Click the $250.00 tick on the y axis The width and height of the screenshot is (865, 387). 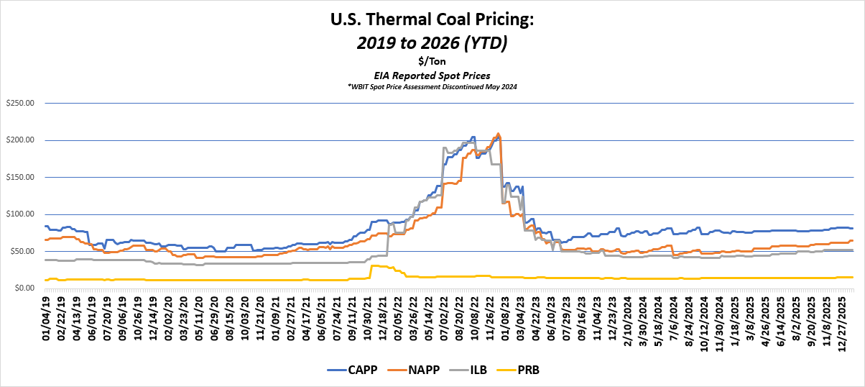pyautogui.click(x=20, y=102)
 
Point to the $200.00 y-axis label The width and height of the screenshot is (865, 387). pyautogui.click(x=20, y=140)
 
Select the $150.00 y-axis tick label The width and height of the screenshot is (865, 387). pyautogui.click(x=20, y=177)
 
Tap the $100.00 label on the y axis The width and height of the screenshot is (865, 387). pyautogui.click(x=20, y=214)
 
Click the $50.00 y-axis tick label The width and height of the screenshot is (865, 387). pyautogui.click(x=22, y=251)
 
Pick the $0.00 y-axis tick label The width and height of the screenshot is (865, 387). pyautogui.click(x=23, y=288)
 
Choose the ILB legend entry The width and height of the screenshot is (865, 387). pyautogui.click(x=480, y=370)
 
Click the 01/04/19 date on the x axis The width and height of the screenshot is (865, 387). pyautogui.click(x=47, y=314)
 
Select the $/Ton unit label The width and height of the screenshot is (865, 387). pyautogui.click(x=432, y=61)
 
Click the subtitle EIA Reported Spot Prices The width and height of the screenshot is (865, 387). pyautogui.click(x=432, y=75)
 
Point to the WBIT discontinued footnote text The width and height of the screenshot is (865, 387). pyautogui.click(x=432, y=86)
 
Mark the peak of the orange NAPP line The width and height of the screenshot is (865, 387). pyautogui.click(x=499, y=134)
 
